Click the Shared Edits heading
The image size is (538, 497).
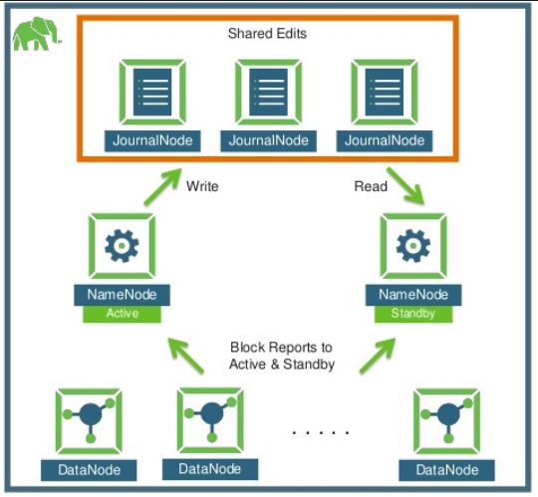tap(268, 34)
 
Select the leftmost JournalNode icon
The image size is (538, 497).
tap(152, 93)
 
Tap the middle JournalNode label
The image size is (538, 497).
tap(268, 140)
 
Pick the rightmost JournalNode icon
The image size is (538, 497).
tap(384, 93)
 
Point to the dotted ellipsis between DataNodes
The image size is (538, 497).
tap(320, 432)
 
